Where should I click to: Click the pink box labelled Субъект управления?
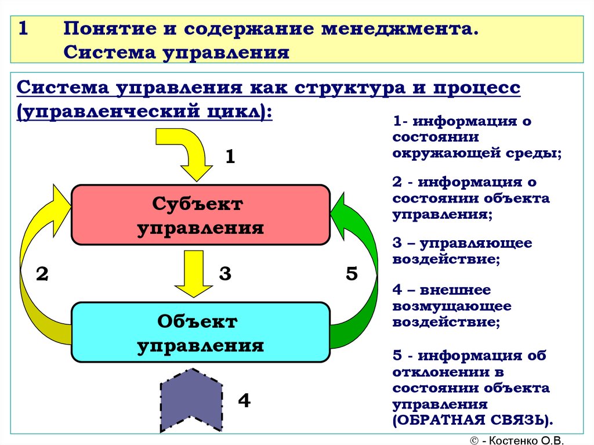click(200, 215)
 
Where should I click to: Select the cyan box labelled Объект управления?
click(200, 332)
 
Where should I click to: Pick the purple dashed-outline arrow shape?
click(191, 400)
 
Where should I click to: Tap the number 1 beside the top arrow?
click(230, 156)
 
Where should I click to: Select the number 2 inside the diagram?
click(42, 274)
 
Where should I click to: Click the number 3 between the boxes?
click(225, 273)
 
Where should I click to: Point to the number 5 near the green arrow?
click(352, 273)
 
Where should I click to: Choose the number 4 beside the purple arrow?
click(244, 400)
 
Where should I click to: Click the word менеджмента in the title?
click(400, 29)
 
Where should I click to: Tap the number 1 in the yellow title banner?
click(23, 29)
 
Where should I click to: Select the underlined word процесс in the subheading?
click(477, 88)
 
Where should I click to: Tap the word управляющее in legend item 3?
click(476, 243)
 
